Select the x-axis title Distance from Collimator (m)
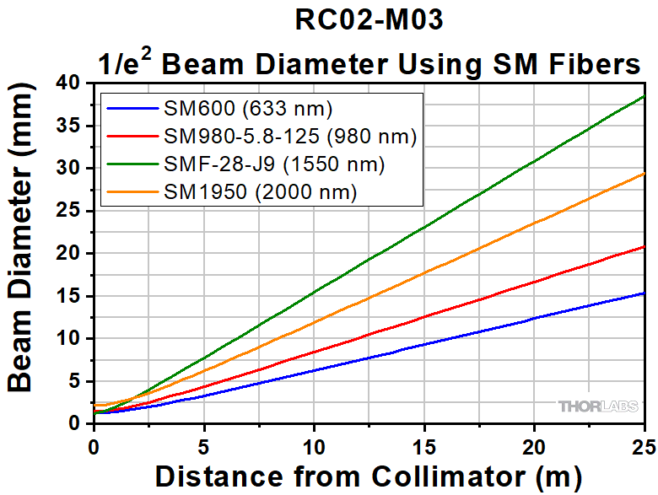(x=369, y=475)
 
